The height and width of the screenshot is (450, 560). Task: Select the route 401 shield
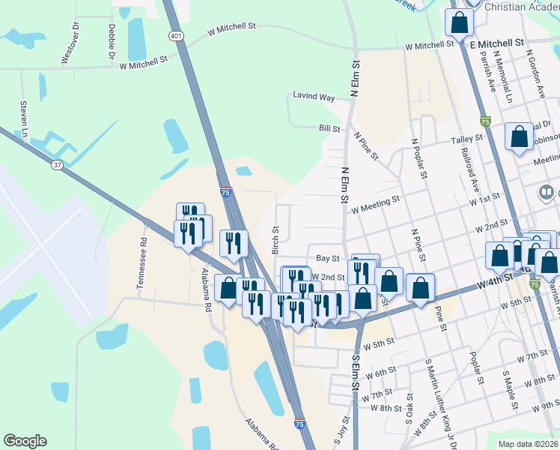click(x=175, y=35)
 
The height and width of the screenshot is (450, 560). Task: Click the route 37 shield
click(x=57, y=164)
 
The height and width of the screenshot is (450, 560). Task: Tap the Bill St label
click(x=329, y=129)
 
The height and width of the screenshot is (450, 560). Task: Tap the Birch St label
click(x=276, y=240)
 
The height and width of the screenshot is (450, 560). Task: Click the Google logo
click(x=25, y=441)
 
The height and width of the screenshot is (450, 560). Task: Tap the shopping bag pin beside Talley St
click(x=519, y=137)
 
